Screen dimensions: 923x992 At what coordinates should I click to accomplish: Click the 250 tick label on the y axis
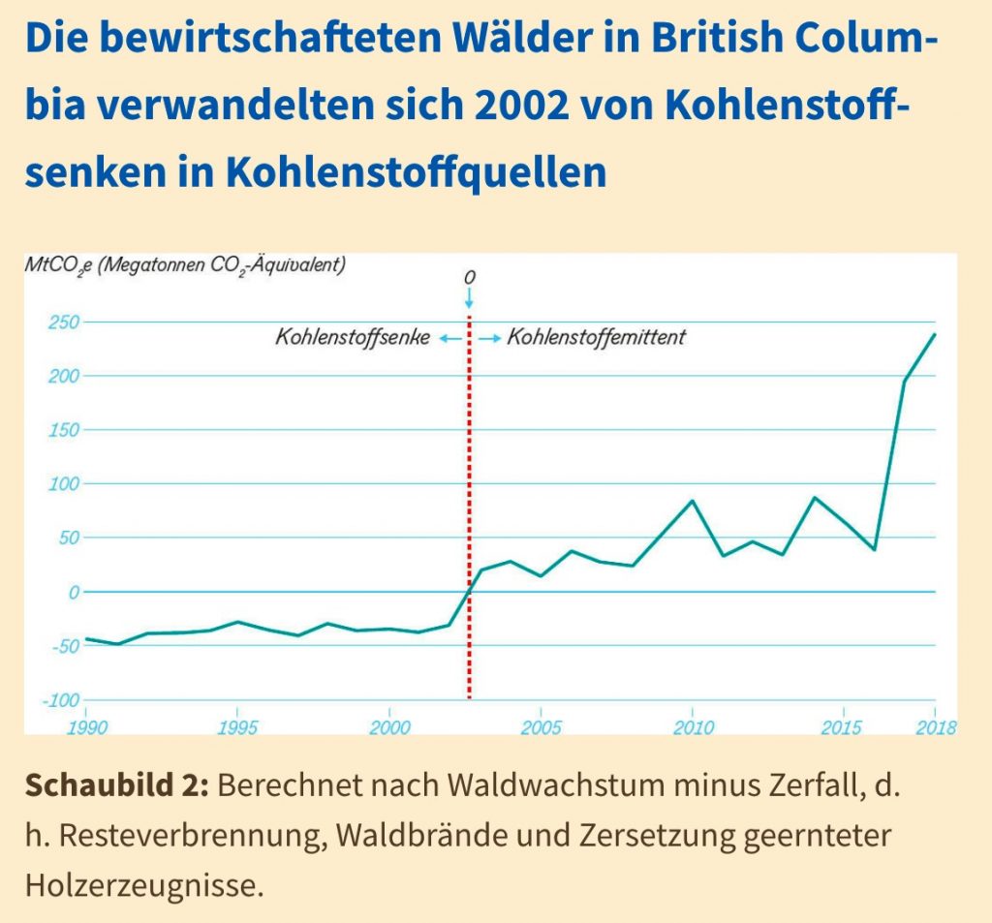coord(63,322)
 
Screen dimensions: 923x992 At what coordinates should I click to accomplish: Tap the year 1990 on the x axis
coord(86,727)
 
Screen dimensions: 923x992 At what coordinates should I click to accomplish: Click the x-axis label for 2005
coord(541,727)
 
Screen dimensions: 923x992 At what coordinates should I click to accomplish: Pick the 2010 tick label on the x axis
coord(692,727)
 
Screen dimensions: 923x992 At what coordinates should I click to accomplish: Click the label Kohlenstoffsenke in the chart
coord(352,338)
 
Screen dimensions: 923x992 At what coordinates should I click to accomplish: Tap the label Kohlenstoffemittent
coord(596,338)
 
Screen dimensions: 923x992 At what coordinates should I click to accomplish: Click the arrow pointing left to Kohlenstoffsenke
coord(448,338)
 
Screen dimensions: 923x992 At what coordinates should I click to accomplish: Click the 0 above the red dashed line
coord(469,278)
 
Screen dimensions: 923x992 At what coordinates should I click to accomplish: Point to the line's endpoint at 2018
coord(935,334)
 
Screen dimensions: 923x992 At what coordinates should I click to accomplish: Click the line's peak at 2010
coord(692,501)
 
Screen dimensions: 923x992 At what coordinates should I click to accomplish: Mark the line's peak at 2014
coord(814,498)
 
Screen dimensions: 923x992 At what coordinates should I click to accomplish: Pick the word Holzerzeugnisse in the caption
coord(142,884)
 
